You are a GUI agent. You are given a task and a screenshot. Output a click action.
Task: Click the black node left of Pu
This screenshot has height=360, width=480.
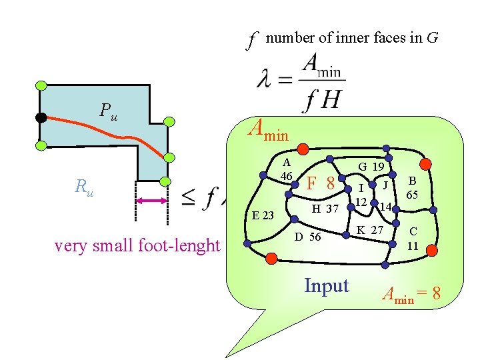point(41,118)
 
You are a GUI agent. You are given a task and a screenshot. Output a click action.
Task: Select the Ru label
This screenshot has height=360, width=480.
point(84,187)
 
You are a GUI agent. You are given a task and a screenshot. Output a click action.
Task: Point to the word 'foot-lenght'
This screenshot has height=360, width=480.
point(181,246)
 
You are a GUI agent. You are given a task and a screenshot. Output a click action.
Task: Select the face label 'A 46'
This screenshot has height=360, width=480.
point(287,169)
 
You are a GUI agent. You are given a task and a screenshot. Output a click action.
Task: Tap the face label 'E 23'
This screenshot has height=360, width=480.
point(264,215)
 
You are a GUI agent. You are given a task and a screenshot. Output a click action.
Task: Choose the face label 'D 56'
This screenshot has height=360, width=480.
point(307,237)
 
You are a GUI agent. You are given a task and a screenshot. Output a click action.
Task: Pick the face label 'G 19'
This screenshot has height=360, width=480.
point(371,166)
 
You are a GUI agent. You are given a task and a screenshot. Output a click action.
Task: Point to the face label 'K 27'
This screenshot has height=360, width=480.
point(370,231)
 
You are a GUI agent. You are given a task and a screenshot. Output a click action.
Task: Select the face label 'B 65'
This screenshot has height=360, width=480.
point(412,187)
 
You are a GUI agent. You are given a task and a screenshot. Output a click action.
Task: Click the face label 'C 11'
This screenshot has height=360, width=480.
point(413,238)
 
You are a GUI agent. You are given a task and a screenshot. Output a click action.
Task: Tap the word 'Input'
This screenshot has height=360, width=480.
point(326,285)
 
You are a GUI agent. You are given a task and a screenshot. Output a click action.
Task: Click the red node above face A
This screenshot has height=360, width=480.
point(303,149)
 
